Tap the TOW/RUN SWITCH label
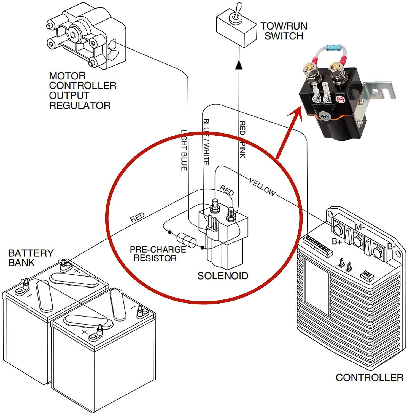(x=284, y=31)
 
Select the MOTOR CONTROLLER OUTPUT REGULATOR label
(x=82, y=91)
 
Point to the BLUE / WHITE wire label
(x=206, y=142)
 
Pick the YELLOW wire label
(x=262, y=187)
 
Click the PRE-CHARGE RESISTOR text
(x=158, y=254)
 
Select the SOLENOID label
(x=223, y=276)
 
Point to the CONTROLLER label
(x=369, y=378)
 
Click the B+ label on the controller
(x=337, y=242)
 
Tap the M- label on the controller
(x=360, y=227)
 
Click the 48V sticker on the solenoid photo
(x=325, y=116)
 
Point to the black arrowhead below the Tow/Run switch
(x=239, y=65)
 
